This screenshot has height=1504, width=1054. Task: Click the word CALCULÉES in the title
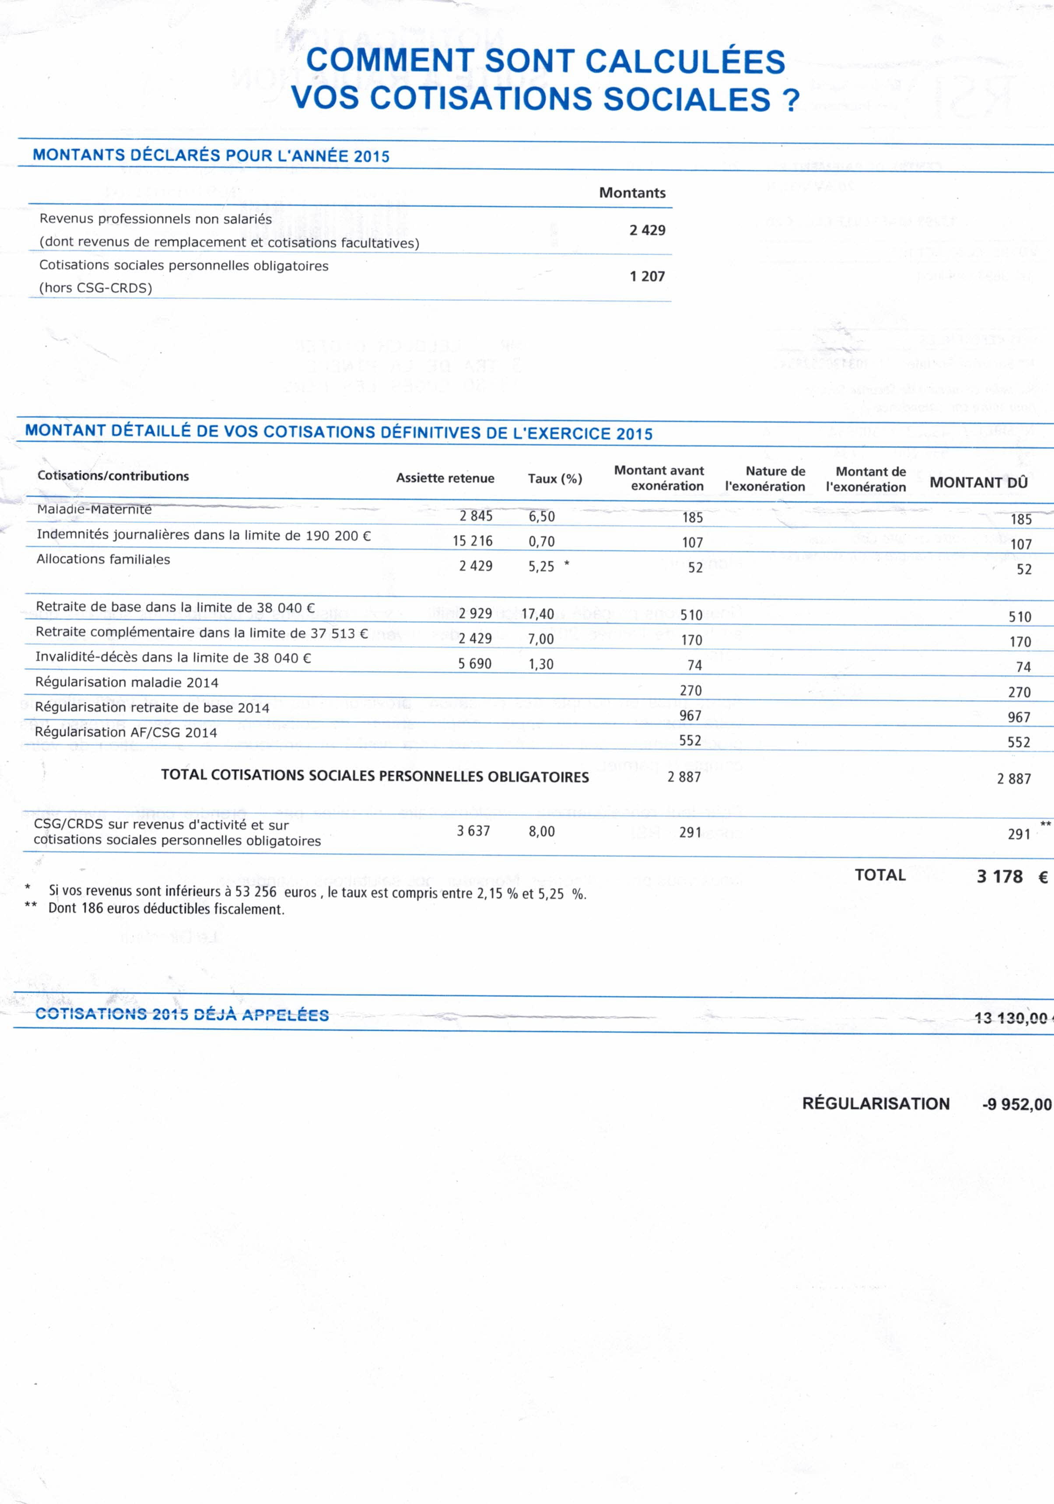(x=684, y=61)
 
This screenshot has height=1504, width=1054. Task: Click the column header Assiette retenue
(x=445, y=478)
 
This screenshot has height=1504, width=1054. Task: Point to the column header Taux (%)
(x=554, y=479)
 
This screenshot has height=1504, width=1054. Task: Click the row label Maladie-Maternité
(x=94, y=509)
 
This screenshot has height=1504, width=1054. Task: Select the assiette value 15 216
(x=472, y=541)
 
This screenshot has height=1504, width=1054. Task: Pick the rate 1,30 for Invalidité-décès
(x=541, y=664)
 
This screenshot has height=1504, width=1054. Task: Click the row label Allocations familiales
(x=103, y=559)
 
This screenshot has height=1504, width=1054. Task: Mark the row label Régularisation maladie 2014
(x=126, y=682)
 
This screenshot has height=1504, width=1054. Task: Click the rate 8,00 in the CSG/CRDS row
(x=541, y=832)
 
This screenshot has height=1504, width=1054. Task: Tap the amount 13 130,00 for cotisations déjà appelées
(x=1010, y=1018)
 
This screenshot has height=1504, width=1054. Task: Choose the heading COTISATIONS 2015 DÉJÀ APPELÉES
(x=182, y=1015)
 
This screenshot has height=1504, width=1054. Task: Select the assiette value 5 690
(x=475, y=664)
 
